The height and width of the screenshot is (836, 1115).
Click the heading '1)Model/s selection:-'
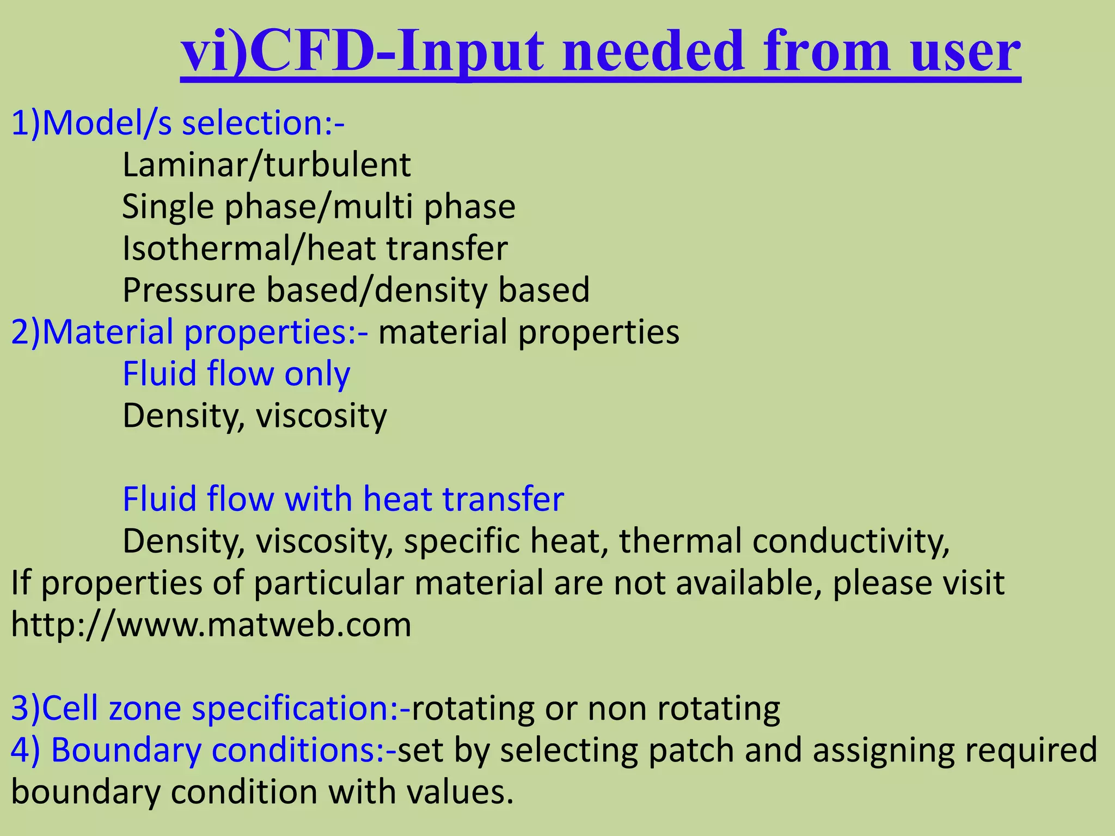(177, 123)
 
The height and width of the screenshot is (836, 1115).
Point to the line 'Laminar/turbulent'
(266, 165)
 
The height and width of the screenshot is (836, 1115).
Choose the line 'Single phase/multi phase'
(318, 207)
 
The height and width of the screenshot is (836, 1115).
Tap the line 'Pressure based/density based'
(356, 290)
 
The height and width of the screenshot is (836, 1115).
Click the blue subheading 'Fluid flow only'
(236, 374)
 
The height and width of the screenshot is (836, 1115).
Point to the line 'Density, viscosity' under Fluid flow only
(254, 416)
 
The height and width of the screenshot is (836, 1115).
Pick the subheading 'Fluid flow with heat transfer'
(343, 499)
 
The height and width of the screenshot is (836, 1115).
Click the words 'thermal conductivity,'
(784, 541)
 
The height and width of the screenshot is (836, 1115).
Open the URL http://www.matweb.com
(211, 624)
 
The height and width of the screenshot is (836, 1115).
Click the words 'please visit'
(918, 583)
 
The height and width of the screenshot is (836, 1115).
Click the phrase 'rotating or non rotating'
(596, 709)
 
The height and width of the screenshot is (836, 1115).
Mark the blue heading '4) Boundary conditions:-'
(204, 750)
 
